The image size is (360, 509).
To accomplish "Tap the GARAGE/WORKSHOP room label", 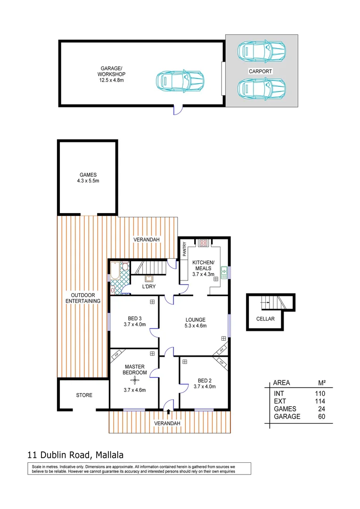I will tap(112, 77).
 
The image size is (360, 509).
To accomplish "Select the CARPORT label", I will tap(261, 71).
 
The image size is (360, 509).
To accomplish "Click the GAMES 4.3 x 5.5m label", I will tap(88, 178).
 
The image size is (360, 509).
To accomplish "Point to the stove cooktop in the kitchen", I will tap(204, 243).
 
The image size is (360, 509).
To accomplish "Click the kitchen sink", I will tap(224, 272).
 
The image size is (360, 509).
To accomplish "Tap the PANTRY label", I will tap(185, 248).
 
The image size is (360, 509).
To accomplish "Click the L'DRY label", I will tap(149, 286).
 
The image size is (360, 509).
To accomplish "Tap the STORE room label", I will tap(84, 395).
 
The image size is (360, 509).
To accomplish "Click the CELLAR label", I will tap(265, 318).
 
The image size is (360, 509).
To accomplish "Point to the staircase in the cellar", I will tap(271, 302).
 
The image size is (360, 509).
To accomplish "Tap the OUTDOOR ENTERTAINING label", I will tap(83, 297).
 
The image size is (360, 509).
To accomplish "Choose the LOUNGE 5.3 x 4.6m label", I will tap(195, 323).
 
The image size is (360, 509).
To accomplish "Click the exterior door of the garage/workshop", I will tap(177, 110).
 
